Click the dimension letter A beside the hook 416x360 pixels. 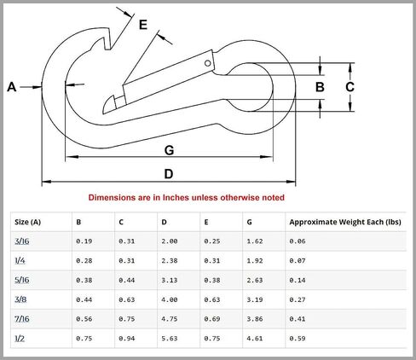[x=12, y=87]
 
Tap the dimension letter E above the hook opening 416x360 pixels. [x=143, y=25]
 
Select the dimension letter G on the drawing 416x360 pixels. [x=169, y=150]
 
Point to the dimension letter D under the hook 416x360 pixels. [x=169, y=173]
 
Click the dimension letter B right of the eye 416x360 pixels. [x=320, y=87]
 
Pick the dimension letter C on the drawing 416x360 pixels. [x=350, y=87]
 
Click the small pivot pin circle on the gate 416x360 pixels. [x=208, y=63]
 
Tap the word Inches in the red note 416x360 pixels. [x=176, y=197]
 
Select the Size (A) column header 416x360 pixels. [x=27, y=222]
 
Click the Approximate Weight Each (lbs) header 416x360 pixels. [x=345, y=222]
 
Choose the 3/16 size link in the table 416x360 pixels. [x=22, y=241]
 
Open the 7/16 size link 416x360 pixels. [x=22, y=319]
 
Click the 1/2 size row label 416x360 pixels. [x=20, y=339]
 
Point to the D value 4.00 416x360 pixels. [x=170, y=299]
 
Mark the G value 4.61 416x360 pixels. [x=255, y=339]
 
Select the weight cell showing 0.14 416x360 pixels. [x=298, y=280]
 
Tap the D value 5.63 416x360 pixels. [x=170, y=339]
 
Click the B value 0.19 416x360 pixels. [x=84, y=241]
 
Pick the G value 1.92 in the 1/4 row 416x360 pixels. [x=255, y=261]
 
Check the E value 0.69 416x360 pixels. [x=212, y=319]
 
